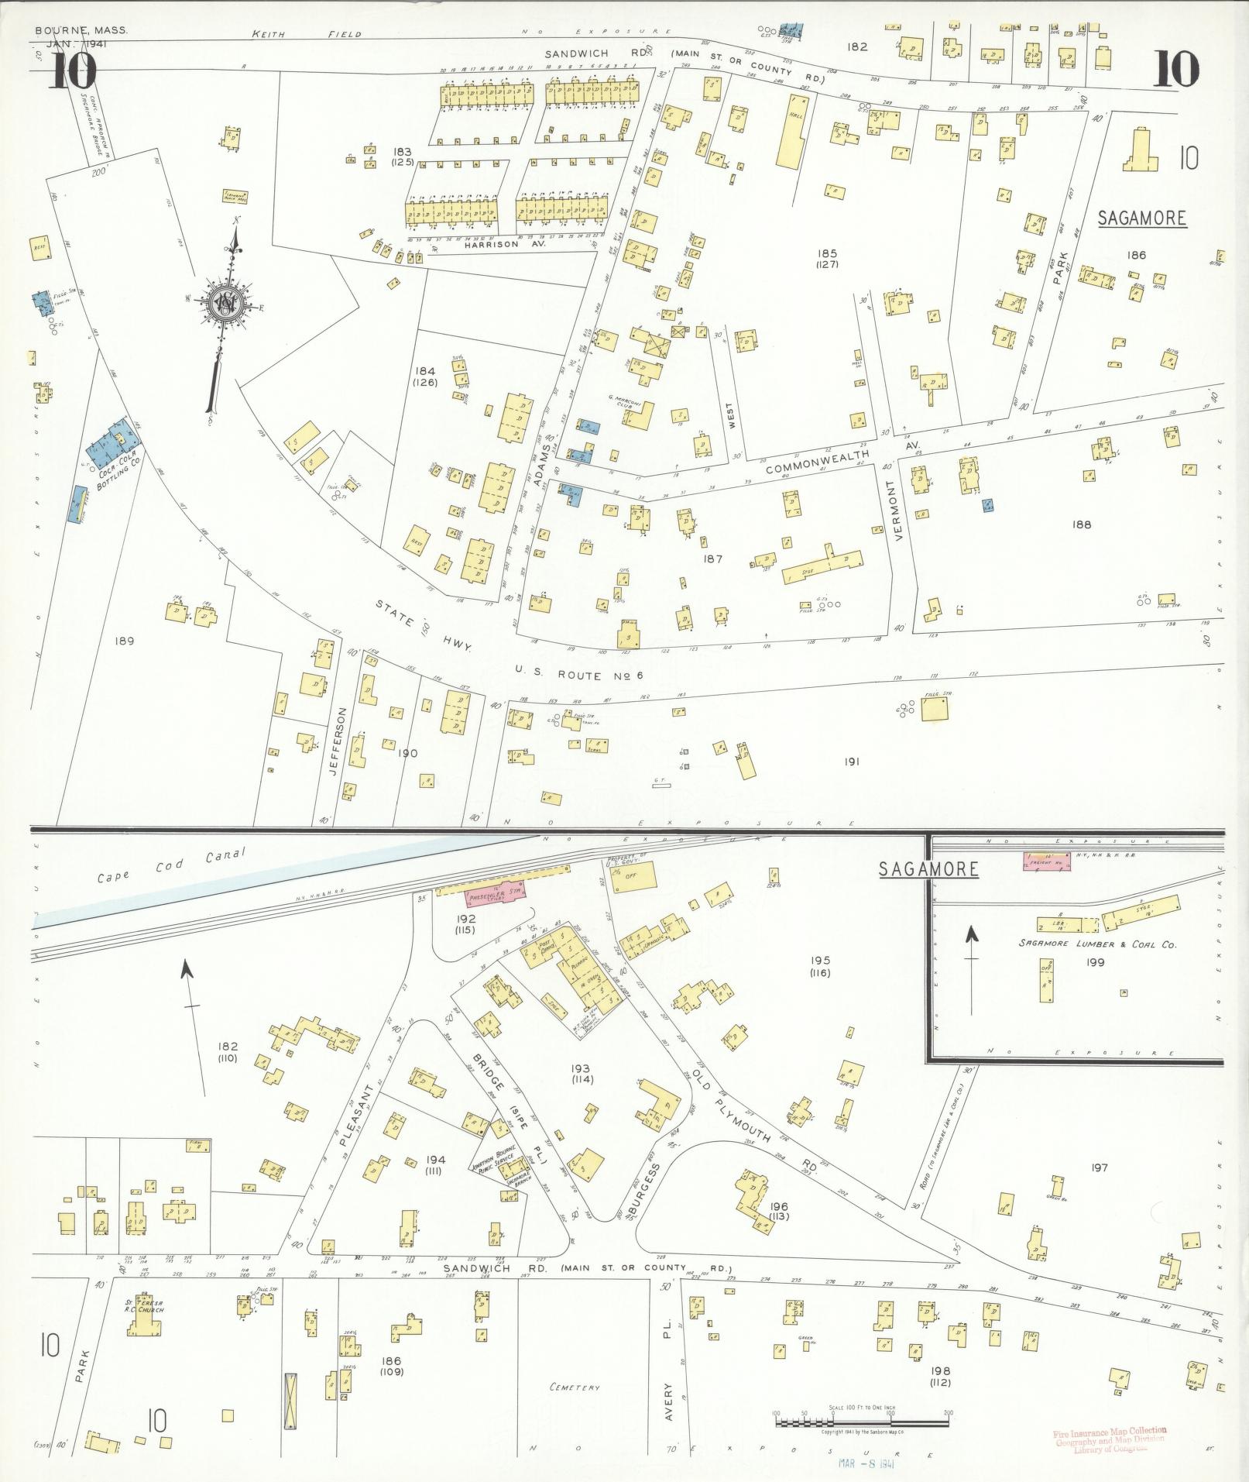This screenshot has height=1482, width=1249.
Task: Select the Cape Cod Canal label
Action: [x=170, y=867]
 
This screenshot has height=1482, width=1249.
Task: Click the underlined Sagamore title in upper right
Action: [x=1142, y=218]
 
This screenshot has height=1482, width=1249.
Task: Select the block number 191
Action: [x=853, y=762]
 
